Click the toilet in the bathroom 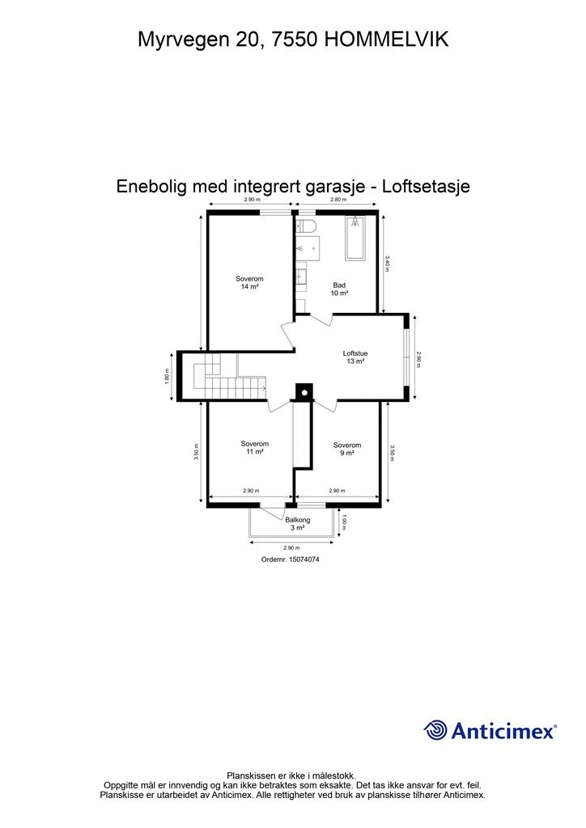[306, 226]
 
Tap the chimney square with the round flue [304, 392]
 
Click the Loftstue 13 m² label [354, 357]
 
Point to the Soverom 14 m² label [249, 283]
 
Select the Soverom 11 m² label [254, 448]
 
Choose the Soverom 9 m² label [346, 449]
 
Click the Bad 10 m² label [340, 289]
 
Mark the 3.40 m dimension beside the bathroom [388, 264]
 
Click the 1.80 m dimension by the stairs [168, 377]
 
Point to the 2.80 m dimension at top [338, 200]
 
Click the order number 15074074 [291, 559]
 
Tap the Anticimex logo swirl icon [435, 730]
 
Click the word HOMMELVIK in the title [385, 38]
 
